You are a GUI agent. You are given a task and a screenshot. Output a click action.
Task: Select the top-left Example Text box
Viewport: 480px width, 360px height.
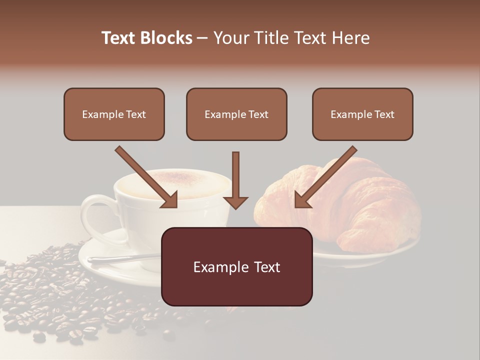(x=114, y=114)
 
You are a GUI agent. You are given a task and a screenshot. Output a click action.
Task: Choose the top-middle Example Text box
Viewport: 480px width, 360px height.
(x=236, y=114)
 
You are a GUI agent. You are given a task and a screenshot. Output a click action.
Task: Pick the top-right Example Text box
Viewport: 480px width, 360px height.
(x=362, y=114)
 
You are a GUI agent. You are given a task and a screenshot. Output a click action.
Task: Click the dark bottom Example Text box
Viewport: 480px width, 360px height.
(x=236, y=266)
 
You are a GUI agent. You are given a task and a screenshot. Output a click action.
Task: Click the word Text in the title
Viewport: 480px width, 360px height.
(x=119, y=38)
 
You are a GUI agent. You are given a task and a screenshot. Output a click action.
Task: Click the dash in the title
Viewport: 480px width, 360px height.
(x=202, y=38)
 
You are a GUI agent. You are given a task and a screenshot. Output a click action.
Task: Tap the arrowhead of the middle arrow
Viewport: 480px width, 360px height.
(x=235, y=201)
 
